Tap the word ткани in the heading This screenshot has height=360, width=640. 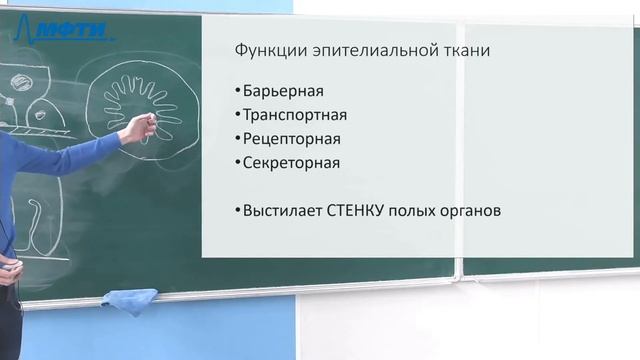click(x=467, y=50)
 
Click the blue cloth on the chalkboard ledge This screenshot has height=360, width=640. click(x=129, y=299)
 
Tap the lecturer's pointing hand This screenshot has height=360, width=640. click(x=143, y=126)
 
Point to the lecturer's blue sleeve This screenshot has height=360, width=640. click(x=60, y=155)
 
